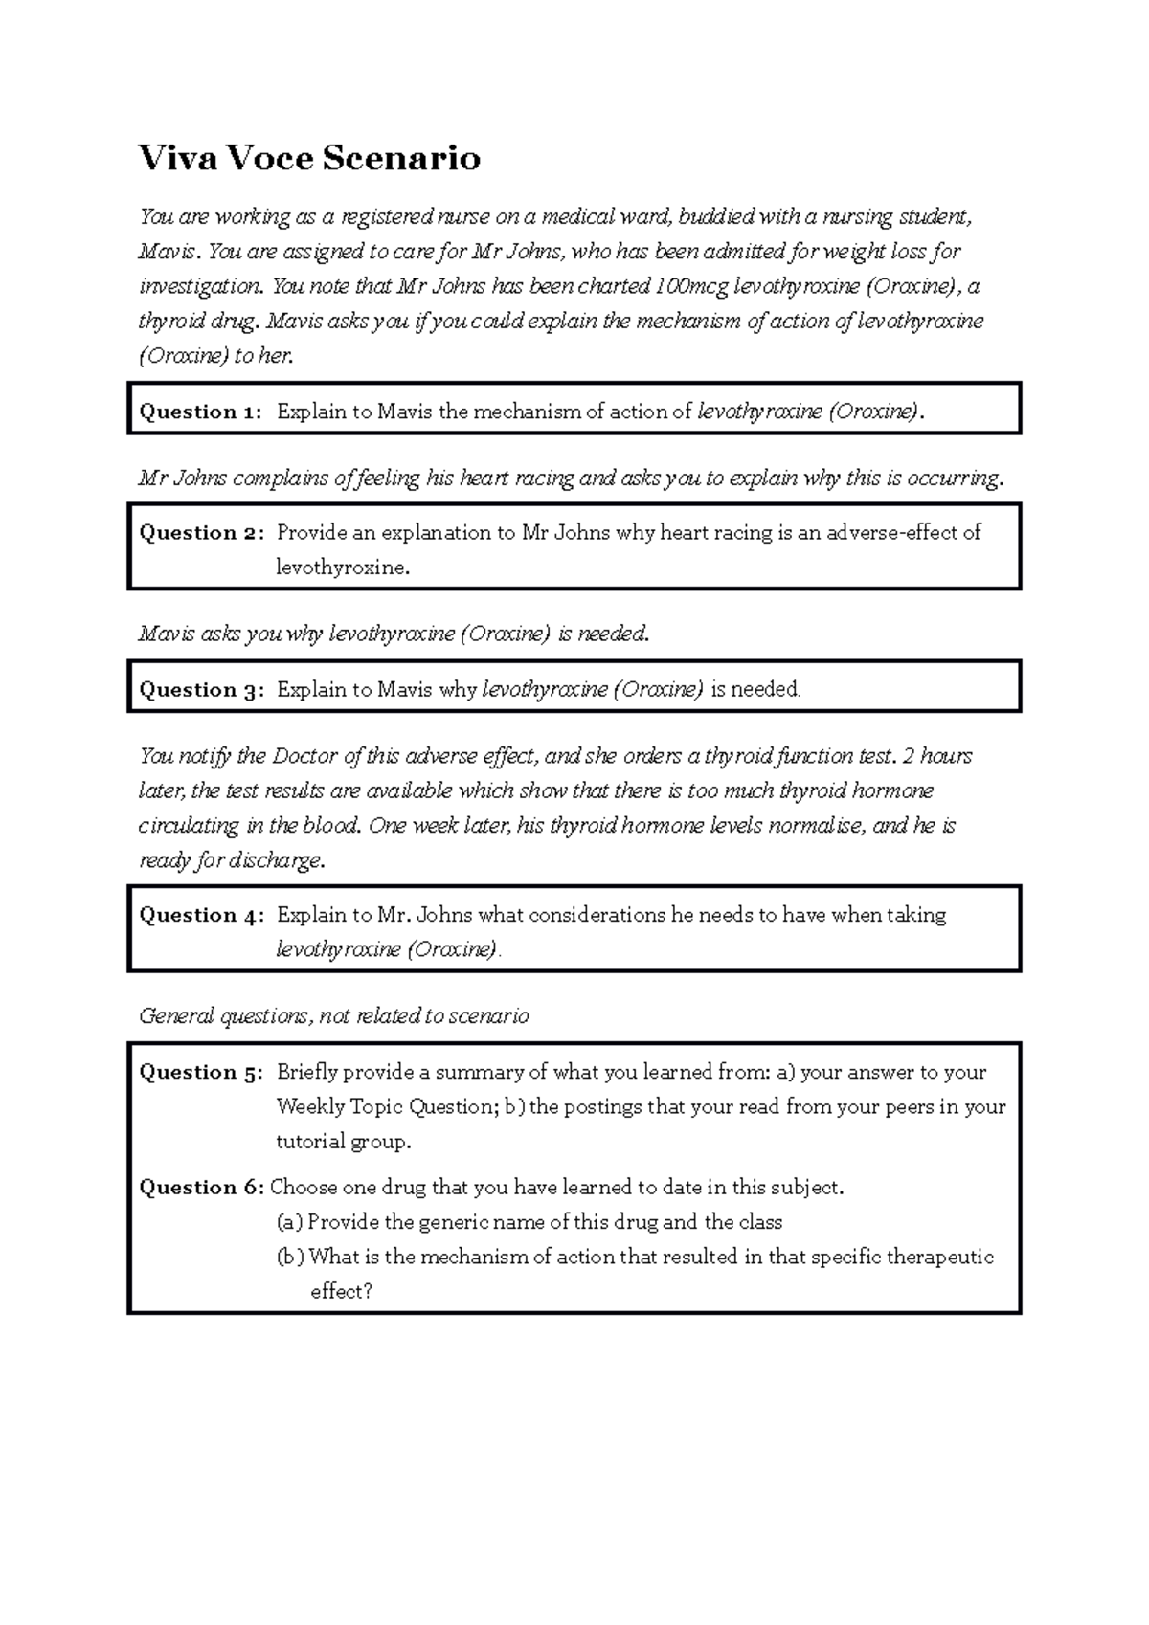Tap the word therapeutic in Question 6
click(x=940, y=1257)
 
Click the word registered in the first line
click(x=387, y=217)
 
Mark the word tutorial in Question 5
click(x=310, y=1142)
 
